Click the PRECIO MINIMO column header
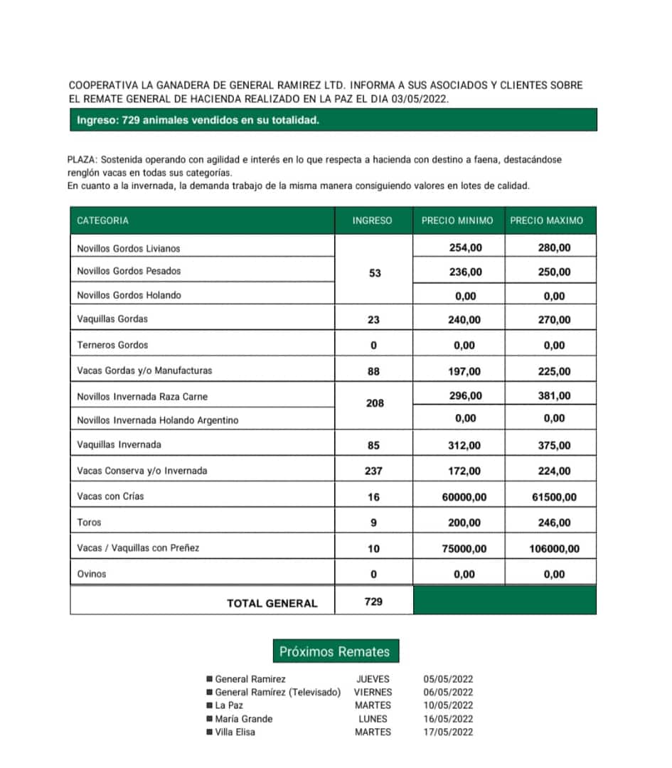coord(457,220)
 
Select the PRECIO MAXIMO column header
coord(546,220)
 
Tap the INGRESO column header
coord(372,220)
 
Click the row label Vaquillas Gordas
coord(112,319)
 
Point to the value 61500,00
coord(554,497)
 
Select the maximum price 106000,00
coord(554,548)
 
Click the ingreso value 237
coord(373,471)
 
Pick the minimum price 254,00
coord(466,248)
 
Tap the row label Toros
coord(90,523)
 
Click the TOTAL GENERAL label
coord(272,603)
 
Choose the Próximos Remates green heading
coord(334,651)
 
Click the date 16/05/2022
coord(448,719)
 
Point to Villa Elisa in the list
coord(235,732)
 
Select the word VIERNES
coord(373,692)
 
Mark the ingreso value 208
coord(374,403)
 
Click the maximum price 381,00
coord(554,396)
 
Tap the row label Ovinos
coord(92,574)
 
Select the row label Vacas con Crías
coord(110,496)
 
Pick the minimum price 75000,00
coord(464,548)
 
